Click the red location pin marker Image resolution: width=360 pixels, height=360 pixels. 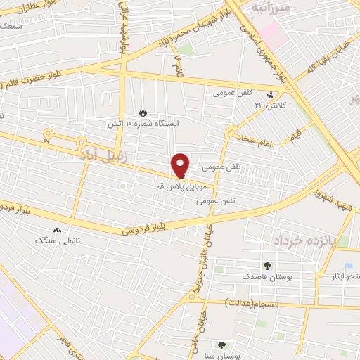181,165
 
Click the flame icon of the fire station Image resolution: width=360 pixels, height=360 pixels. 143,112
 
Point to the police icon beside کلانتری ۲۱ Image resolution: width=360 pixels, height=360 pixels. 270,95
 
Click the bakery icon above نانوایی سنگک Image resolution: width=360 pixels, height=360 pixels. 57,230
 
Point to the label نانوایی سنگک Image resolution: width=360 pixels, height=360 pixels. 57,240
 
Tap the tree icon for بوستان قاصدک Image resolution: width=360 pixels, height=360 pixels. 267,266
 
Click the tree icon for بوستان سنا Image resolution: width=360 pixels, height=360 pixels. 222,345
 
